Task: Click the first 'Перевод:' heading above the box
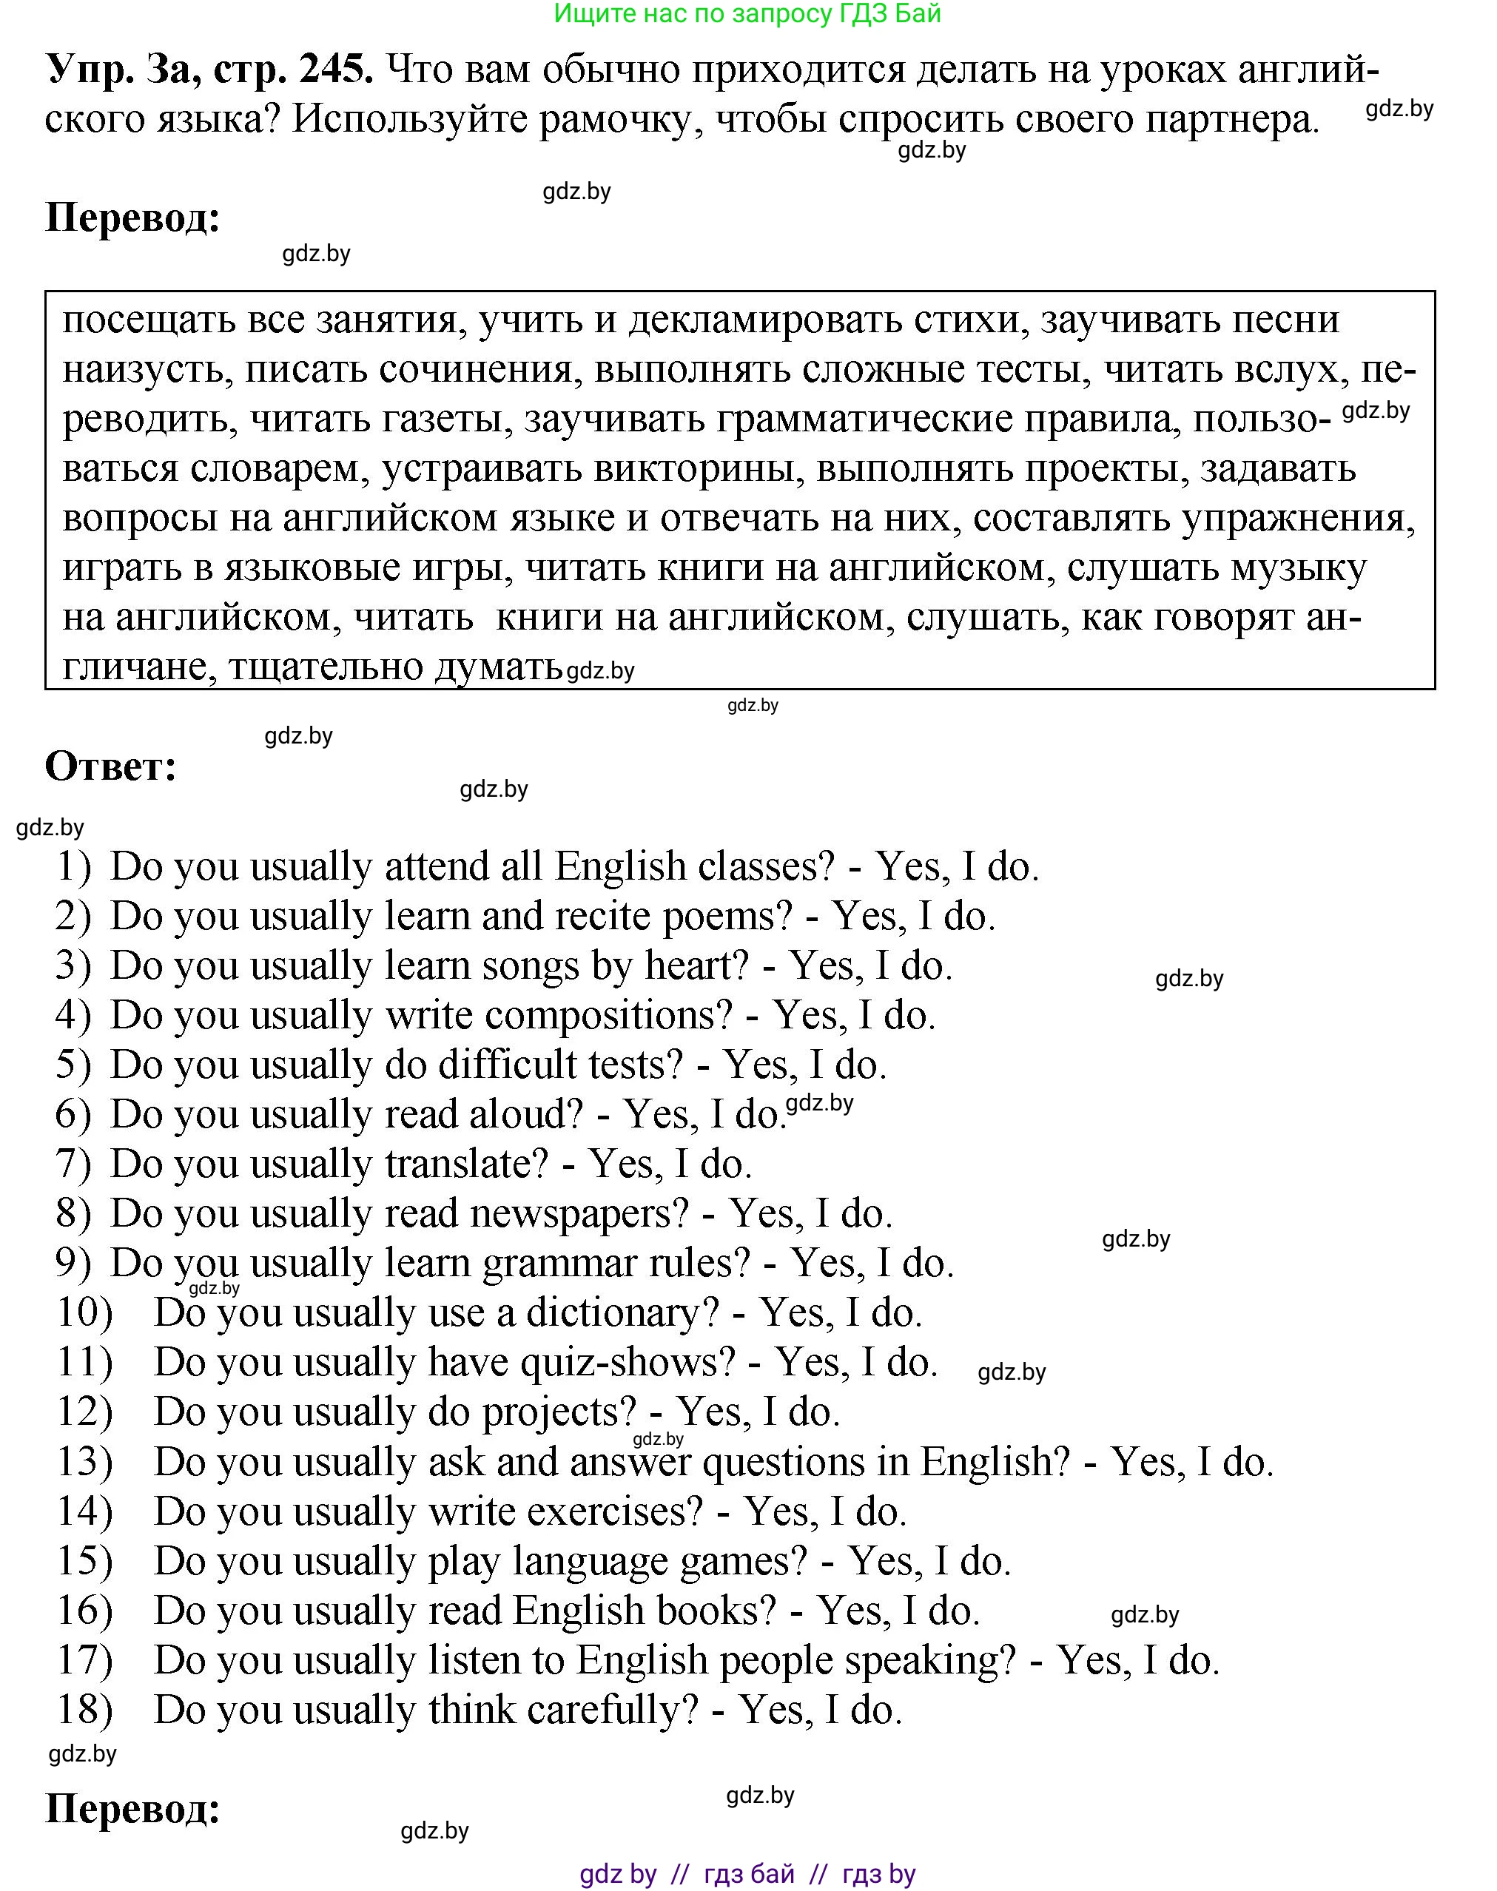point(132,218)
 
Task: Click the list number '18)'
point(85,1710)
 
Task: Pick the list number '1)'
point(75,866)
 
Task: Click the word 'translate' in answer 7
point(465,1164)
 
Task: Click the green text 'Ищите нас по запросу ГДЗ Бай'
point(747,14)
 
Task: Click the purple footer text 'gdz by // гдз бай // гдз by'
point(747,1867)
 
